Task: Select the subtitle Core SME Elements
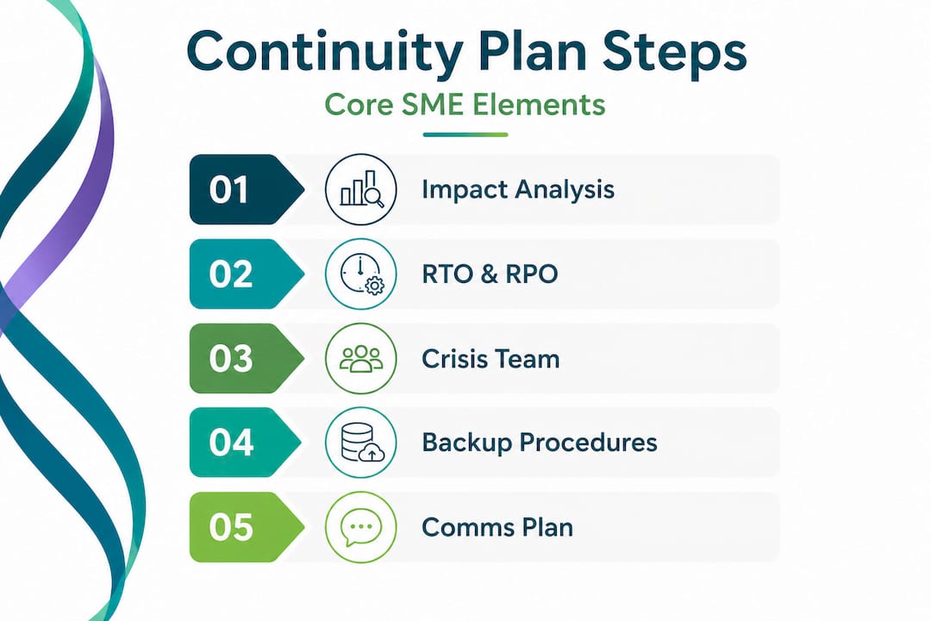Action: (x=465, y=104)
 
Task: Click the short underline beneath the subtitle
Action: (x=465, y=135)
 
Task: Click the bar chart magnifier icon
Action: (x=360, y=190)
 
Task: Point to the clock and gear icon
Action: (x=360, y=274)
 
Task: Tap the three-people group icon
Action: (x=360, y=358)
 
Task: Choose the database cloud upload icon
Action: (x=360, y=442)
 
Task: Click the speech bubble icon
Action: (x=360, y=527)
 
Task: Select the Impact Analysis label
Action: (x=517, y=190)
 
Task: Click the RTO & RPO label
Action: (x=490, y=274)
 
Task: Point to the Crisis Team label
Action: (x=490, y=358)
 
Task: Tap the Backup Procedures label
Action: (x=539, y=442)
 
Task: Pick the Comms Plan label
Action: (x=497, y=527)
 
